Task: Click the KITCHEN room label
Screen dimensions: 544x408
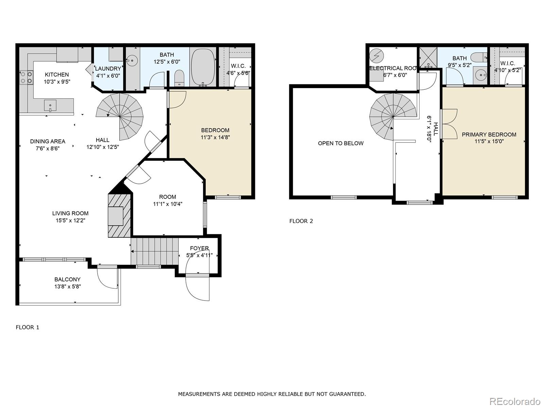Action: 57,74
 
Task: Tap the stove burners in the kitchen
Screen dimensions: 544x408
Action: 27,78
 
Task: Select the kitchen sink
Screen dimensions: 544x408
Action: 50,106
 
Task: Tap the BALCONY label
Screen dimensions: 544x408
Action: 67,279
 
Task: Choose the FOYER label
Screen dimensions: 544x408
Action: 199,248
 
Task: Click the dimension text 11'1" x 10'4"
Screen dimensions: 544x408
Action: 168,204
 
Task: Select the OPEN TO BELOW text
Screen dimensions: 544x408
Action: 341,143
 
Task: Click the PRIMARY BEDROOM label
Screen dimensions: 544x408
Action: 489,135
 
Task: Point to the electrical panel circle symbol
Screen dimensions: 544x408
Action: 376,56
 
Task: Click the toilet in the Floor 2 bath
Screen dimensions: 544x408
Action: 479,57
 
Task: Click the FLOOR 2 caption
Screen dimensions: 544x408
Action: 301,221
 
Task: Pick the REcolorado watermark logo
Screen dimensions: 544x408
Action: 515,401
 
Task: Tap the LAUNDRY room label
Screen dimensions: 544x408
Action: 108,69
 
